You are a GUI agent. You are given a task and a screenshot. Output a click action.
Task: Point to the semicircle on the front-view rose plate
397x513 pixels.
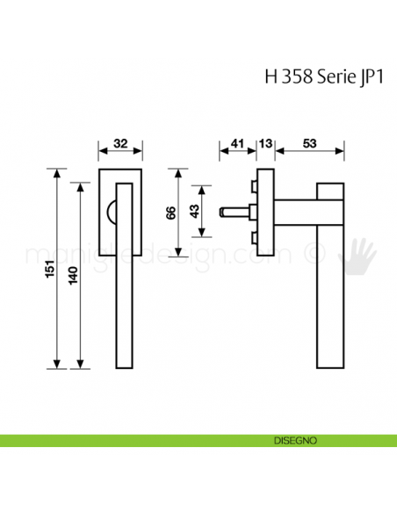112,210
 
